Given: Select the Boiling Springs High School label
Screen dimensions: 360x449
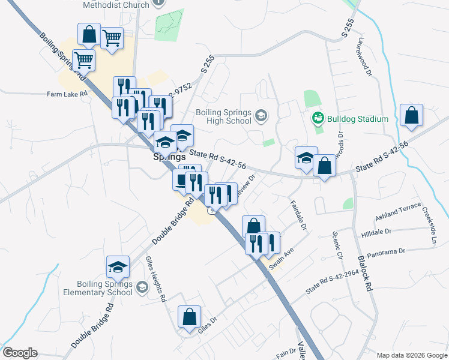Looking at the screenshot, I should point(223,116).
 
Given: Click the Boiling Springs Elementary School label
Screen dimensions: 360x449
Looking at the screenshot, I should point(104,288).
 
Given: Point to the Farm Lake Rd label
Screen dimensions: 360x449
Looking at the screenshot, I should point(67,94).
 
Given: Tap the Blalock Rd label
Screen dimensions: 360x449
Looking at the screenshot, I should point(366,274).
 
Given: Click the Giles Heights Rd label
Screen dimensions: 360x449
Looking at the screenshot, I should point(155,281).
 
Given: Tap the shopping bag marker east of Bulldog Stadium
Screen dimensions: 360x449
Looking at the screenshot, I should point(411,116).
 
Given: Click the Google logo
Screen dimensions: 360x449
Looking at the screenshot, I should point(19,353).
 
